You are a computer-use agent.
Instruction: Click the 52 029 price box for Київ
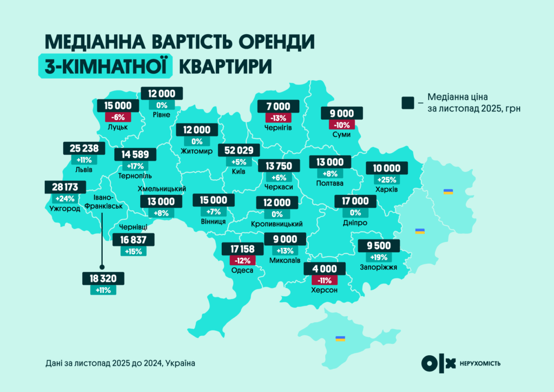point(239,150)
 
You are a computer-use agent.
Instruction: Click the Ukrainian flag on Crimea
point(340,338)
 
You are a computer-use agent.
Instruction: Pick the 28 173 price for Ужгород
point(64,187)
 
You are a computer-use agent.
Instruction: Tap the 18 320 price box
point(103,279)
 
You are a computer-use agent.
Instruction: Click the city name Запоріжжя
point(379,267)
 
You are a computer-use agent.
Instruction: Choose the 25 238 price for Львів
point(84,148)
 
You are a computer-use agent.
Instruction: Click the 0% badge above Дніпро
point(355,213)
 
